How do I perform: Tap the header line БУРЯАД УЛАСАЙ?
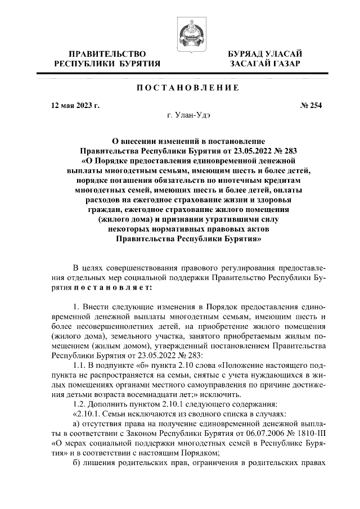tap(265, 53)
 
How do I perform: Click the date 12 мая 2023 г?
tap(75, 105)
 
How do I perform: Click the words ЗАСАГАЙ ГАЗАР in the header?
tap(265, 64)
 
